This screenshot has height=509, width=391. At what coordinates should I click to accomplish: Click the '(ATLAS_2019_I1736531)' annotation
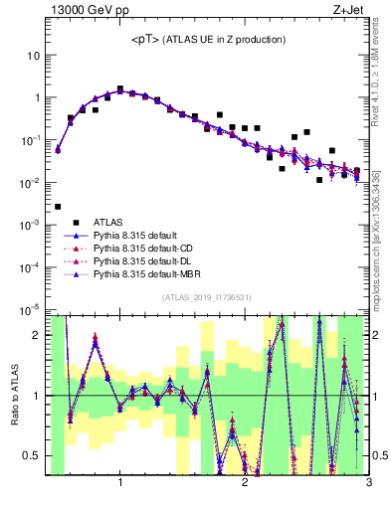207,296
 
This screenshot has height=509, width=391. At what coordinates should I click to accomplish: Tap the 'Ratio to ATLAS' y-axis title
13,395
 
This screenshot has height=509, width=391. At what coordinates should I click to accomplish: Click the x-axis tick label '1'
120,483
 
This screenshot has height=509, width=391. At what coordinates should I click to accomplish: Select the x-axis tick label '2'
245,483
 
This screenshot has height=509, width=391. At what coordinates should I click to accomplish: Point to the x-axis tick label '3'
368,483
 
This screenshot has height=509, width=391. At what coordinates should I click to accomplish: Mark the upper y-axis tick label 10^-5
32,310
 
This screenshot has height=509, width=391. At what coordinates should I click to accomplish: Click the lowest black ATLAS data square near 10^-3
58,207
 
